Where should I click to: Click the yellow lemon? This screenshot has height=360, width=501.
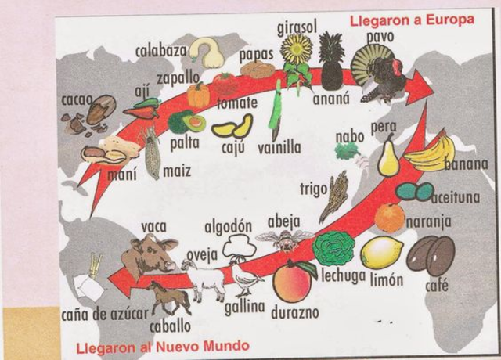(381, 252)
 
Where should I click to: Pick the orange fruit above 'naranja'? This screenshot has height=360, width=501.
(389, 218)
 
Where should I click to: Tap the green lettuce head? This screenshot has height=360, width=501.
(333, 248)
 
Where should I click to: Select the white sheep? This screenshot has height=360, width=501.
(205, 276)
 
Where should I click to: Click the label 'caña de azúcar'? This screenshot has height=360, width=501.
(103, 315)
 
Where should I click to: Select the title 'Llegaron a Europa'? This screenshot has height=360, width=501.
(411, 18)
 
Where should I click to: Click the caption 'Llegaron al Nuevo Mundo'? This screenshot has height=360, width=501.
(162, 345)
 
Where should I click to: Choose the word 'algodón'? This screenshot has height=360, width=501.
(228, 226)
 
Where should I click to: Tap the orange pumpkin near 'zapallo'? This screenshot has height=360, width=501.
(199, 95)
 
